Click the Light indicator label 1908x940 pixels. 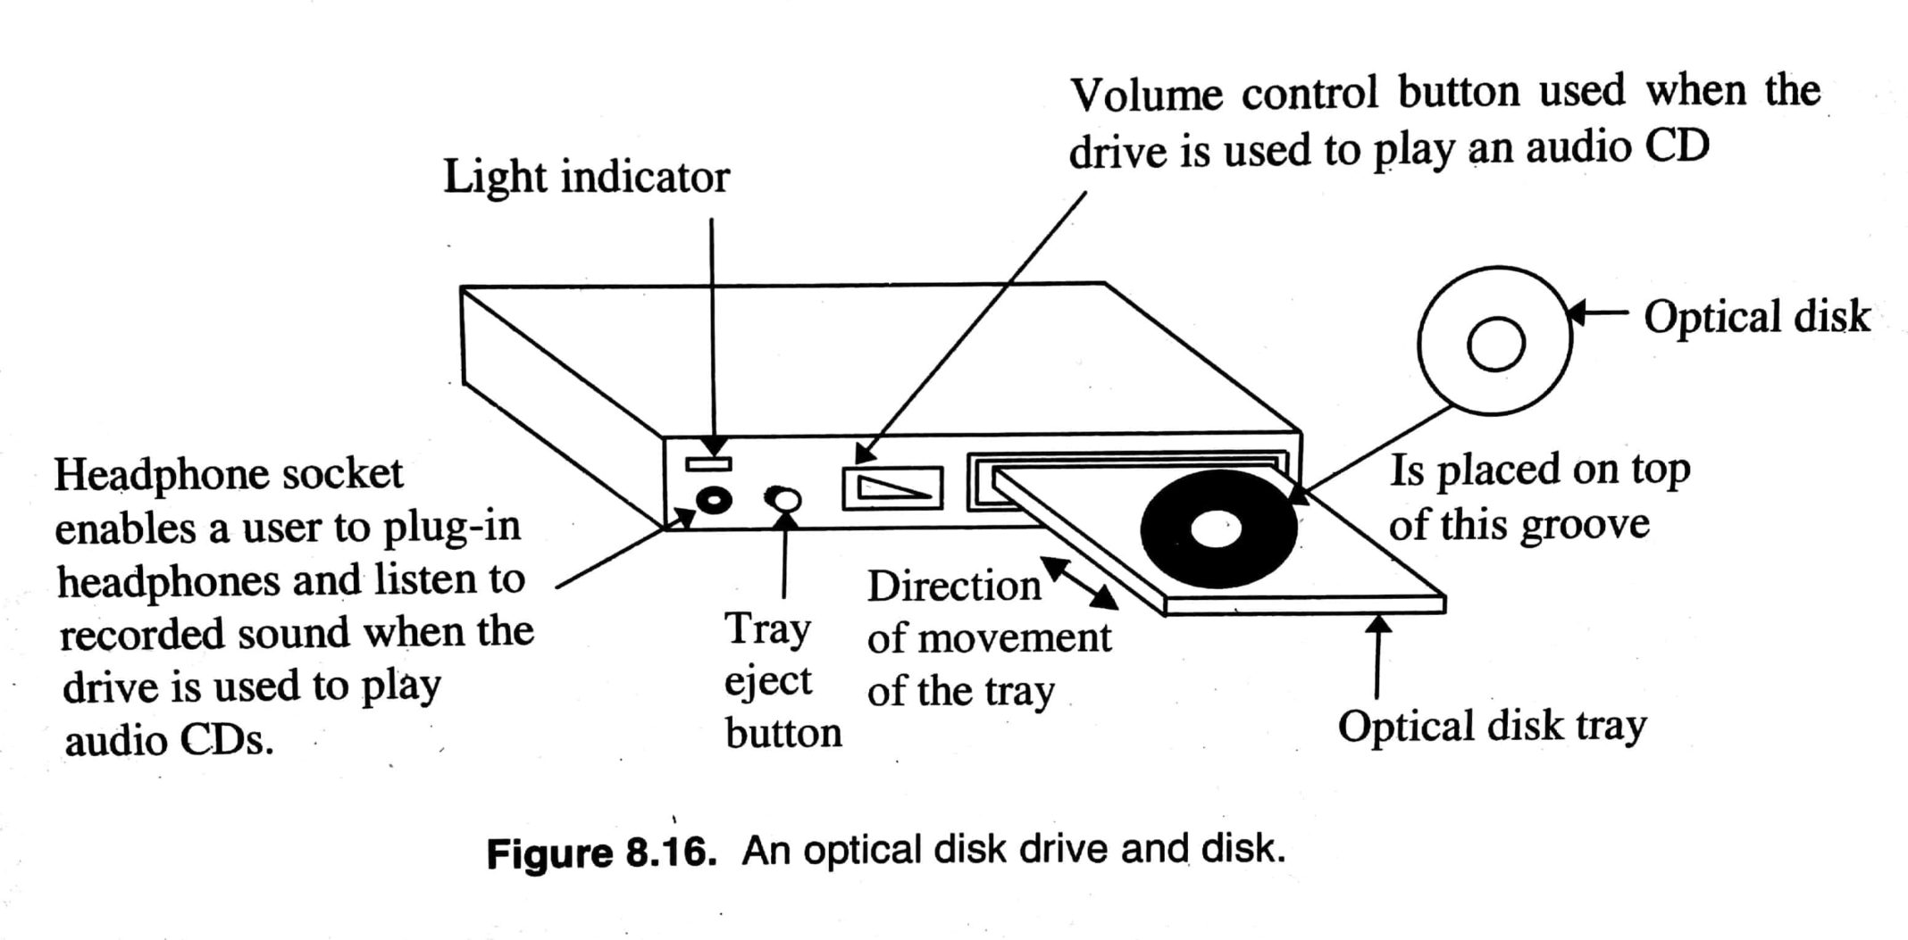586,177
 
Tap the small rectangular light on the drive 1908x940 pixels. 708,463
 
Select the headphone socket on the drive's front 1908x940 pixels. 714,500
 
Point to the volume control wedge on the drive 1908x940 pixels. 892,487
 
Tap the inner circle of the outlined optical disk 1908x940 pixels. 1495,344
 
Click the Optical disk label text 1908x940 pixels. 1756,317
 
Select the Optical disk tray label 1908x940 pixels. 1491,726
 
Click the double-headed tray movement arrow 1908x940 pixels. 1079,583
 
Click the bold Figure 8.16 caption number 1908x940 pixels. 601,853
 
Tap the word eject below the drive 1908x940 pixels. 767,681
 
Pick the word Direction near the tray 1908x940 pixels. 953,586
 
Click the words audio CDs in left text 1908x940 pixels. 168,741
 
